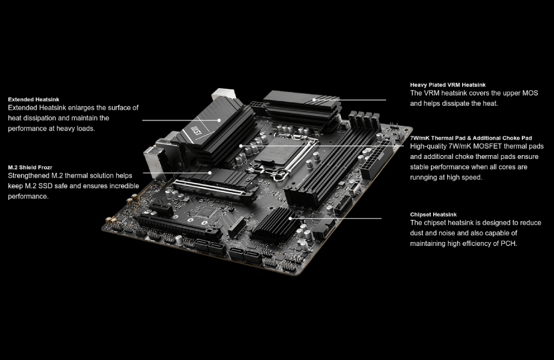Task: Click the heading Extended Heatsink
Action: (34, 100)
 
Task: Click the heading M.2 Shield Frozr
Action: (30, 167)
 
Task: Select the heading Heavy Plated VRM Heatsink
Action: (448, 85)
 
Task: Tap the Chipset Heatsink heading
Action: (433, 214)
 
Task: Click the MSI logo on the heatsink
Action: (196, 130)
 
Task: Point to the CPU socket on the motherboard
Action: (285, 154)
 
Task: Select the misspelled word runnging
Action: (425, 177)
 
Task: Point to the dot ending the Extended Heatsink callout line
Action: (219, 120)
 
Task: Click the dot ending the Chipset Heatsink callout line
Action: (290, 218)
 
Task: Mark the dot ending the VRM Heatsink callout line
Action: (314, 100)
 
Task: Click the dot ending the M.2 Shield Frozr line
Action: (210, 173)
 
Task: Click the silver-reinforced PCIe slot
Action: (214, 191)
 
